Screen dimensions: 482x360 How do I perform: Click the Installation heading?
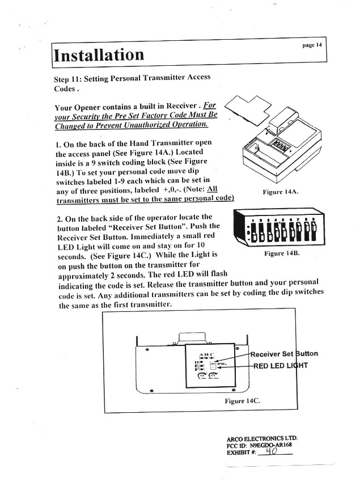(99, 55)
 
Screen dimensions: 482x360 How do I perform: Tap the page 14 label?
(312, 44)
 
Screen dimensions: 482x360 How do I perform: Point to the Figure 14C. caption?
(242, 401)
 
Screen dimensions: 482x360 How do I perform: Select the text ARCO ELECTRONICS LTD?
(262, 439)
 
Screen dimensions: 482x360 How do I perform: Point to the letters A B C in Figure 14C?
(202, 353)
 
